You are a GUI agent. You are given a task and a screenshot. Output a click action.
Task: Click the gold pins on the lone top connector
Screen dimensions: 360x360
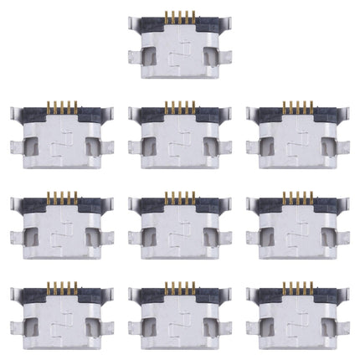(178, 16)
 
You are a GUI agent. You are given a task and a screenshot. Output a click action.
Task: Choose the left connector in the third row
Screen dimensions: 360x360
(61, 222)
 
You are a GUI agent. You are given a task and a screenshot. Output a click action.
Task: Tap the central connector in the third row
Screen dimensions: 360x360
(178, 222)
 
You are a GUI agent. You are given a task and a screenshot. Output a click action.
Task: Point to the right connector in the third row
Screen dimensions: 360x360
(296, 222)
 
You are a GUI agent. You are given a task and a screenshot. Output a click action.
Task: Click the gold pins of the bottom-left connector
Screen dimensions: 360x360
(62, 287)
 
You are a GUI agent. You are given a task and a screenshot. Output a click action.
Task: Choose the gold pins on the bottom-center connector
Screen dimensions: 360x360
(179, 287)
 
